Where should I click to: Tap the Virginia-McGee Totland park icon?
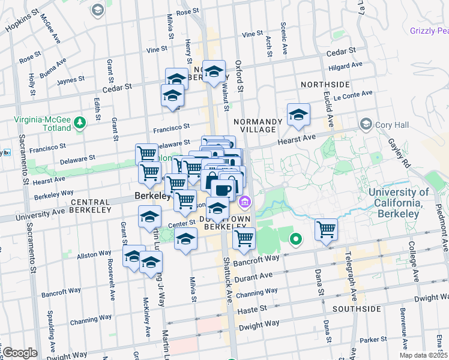[80, 124]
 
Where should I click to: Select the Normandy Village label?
[258, 124]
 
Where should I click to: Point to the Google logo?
[20, 353]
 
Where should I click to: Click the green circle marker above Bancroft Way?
[295, 240]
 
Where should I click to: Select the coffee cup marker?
[222, 190]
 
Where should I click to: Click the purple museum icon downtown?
[244, 202]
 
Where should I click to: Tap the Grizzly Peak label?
[429, 31]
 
